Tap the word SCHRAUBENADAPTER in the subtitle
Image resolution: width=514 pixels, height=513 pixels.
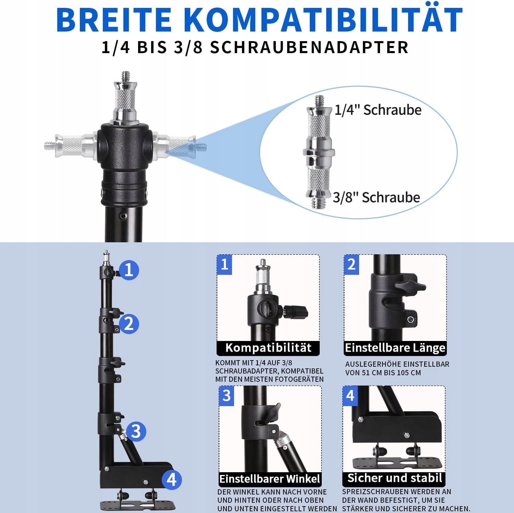309,47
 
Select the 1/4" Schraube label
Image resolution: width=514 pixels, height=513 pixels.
378,110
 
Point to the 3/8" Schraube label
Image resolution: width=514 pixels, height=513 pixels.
377,197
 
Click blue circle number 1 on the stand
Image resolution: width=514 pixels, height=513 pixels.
129,270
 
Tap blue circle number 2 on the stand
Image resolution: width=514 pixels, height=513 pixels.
129,324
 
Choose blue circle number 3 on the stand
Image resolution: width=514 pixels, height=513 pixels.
136,431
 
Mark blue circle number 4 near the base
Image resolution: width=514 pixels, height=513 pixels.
171,479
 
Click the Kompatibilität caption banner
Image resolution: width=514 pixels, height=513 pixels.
268,348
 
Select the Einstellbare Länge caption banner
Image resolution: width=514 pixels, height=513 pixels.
395,348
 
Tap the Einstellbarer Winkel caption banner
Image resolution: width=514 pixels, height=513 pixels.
270,479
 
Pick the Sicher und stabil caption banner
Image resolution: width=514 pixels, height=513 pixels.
394,478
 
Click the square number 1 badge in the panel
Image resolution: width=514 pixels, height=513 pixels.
224,265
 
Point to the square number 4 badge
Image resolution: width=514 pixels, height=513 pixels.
350,396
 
